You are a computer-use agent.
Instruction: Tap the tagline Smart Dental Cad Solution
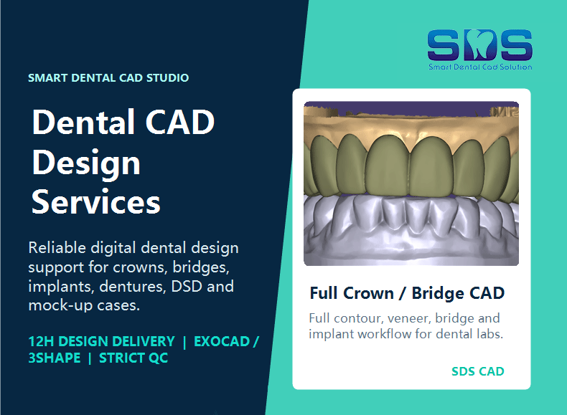[480, 67]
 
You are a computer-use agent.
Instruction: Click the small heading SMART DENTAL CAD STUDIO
[108, 77]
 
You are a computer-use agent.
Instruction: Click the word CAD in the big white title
[180, 122]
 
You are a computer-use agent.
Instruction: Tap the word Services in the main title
[96, 201]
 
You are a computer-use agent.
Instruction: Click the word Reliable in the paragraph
[57, 248]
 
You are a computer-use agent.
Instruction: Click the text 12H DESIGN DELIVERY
[102, 341]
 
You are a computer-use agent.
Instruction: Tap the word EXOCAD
[222, 341]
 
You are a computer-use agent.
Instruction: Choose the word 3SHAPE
[55, 358]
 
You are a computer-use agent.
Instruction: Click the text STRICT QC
[133, 358]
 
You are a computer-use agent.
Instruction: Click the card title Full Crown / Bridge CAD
[407, 293]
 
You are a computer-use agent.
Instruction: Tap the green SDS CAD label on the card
[478, 371]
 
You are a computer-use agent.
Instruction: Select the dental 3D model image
[411, 183]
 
